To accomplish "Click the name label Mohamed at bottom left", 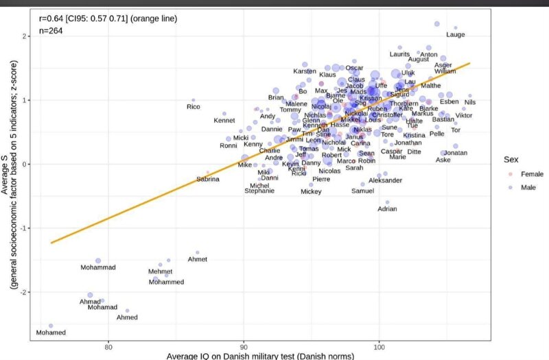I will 51,333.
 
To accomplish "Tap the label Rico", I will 194,106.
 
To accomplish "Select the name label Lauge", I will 456,34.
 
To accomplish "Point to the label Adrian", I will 388,208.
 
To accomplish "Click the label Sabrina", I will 208,179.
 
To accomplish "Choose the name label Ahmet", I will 197,259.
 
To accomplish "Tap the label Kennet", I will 224,121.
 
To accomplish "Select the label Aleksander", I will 386,180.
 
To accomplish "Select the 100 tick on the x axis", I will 378,347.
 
